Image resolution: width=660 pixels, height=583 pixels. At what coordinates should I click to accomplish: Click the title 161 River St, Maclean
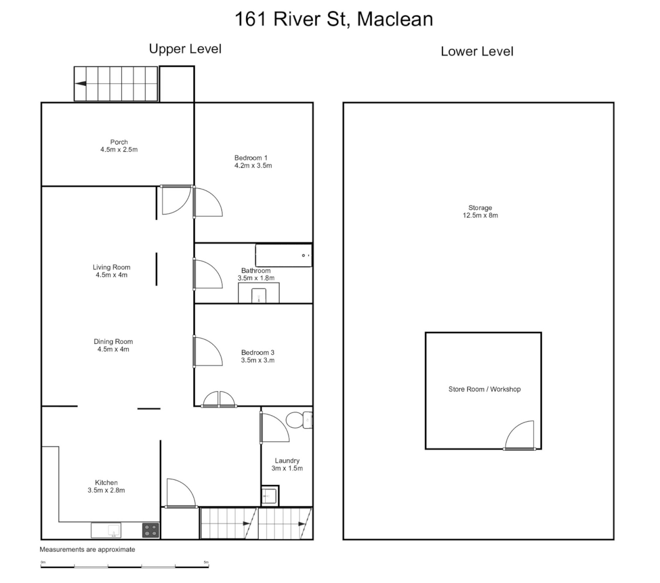point(333,19)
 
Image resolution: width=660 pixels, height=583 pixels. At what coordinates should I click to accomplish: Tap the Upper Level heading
point(185,49)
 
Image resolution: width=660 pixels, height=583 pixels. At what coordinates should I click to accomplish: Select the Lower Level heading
point(477,52)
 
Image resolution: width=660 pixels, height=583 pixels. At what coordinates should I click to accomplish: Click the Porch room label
point(119,143)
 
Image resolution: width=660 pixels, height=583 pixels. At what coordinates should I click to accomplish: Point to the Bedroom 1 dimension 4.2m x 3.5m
point(253,166)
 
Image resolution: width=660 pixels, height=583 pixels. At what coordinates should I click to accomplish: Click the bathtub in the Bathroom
point(284,255)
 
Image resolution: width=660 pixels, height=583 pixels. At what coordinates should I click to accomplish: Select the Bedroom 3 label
point(258,352)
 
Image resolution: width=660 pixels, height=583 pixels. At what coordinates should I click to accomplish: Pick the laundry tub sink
point(269,494)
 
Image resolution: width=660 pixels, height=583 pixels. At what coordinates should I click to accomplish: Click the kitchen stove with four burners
point(151,530)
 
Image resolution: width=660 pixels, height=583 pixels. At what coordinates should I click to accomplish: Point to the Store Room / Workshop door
point(520,436)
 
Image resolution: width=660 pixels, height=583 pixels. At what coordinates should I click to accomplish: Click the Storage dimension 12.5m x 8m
point(480,215)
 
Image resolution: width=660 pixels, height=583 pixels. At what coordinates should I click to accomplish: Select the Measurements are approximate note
point(87,550)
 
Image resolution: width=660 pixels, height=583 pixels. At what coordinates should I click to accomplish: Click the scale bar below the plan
point(125,566)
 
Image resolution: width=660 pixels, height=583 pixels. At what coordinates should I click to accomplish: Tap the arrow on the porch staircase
point(81,84)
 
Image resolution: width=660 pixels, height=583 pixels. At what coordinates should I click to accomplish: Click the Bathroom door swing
point(208,274)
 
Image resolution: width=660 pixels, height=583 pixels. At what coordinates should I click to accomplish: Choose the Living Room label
point(111,267)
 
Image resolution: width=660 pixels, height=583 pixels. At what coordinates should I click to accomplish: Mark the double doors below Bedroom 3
point(219,399)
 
